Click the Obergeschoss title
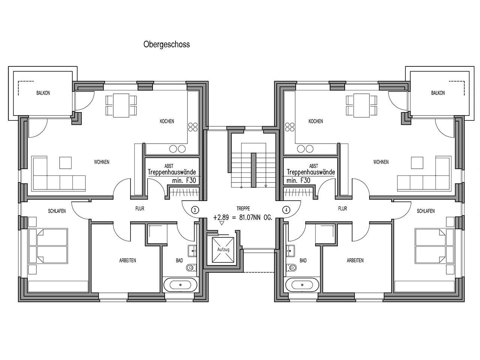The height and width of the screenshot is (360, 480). tap(166, 45)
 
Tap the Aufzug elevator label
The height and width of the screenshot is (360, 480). tap(223, 249)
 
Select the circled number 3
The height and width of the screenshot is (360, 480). tap(195, 210)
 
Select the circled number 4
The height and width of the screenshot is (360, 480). tap(286, 210)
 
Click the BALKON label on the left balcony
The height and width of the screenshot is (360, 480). tap(43, 93)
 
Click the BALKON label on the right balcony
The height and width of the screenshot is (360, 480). tap(438, 93)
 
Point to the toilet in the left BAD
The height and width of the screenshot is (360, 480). tap(192, 267)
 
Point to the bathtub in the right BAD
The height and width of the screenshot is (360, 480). tap(302, 285)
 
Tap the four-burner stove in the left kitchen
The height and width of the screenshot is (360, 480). tap(193, 127)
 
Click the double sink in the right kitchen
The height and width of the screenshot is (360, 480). tap(303, 149)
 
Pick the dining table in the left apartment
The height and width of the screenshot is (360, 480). tap(121, 106)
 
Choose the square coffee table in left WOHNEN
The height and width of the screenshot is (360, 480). tap(65, 163)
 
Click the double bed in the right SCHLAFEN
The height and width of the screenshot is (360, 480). tap(427, 246)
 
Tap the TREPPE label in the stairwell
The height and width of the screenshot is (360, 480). tap(243, 208)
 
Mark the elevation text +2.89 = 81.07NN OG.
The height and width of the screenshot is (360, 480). tap(243, 218)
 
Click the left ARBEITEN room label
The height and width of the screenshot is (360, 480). tap(127, 260)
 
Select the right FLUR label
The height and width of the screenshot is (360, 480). tap(342, 208)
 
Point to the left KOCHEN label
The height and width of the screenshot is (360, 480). tap(167, 121)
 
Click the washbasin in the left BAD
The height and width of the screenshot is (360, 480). tap(192, 251)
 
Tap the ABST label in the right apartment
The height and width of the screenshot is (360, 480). tap(313, 166)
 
